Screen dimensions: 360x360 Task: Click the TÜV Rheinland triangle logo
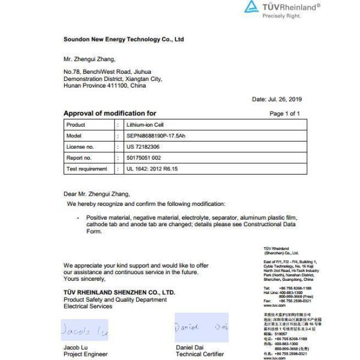(x=251, y=8)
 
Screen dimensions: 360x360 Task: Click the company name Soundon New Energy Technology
(x=124, y=40)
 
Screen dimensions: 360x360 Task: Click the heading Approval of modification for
(x=110, y=113)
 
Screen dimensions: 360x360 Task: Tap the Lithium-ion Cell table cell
(x=140, y=125)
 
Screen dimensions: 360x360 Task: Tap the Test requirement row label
(x=88, y=169)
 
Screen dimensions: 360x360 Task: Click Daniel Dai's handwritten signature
(x=200, y=328)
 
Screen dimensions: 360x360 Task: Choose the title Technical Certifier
(x=200, y=354)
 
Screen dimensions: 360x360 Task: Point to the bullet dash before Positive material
(x=78, y=217)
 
